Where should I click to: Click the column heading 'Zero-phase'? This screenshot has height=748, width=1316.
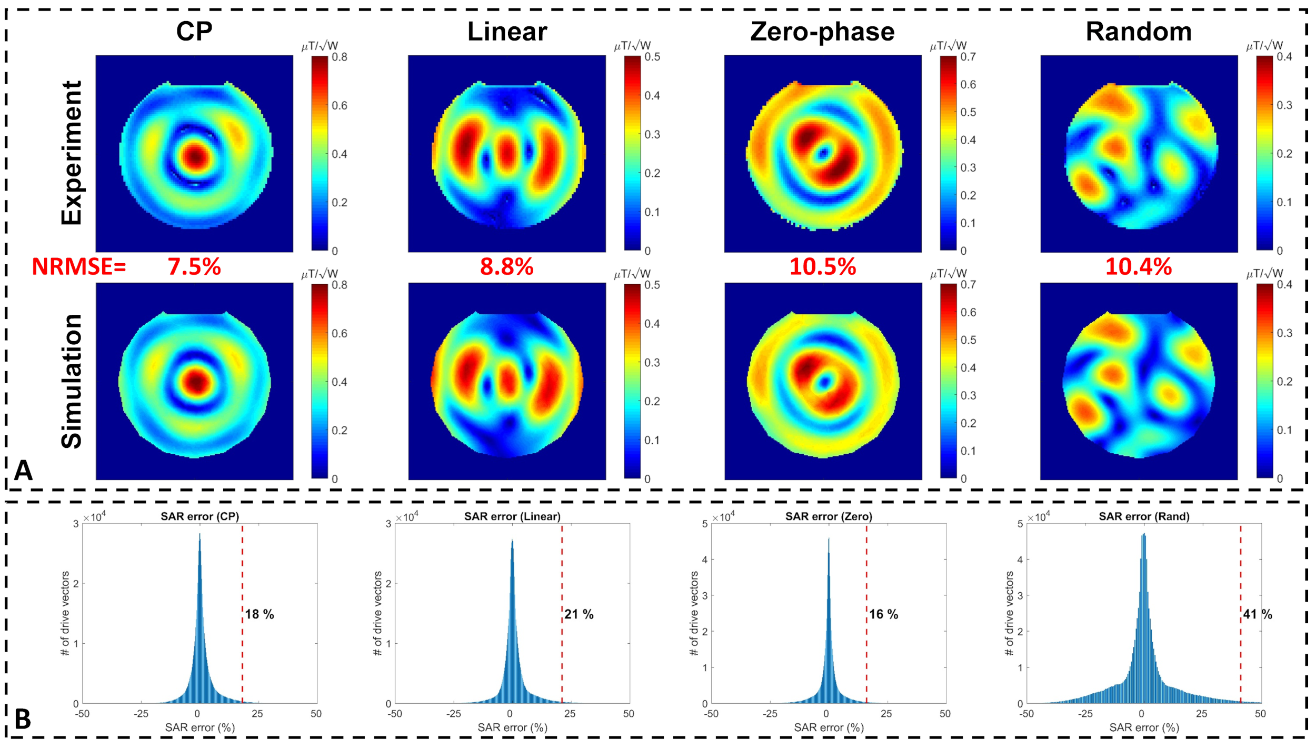click(822, 32)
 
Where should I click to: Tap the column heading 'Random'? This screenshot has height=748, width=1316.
click(1139, 32)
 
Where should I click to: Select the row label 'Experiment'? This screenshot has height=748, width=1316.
click(72, 153)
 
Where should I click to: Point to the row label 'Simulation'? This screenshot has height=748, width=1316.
click(72, 381)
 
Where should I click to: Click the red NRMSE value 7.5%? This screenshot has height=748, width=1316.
click(194, 267)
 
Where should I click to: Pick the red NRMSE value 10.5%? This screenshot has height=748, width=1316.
click(822, 267)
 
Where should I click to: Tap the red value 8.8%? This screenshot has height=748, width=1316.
click(506, 267)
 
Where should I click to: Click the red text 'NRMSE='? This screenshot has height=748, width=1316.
click(79, 267)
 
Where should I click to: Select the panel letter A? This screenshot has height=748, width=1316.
click(23, 470)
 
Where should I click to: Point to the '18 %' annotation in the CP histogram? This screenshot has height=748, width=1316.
click(260, 614)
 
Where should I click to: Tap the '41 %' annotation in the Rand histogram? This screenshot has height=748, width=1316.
click(1257, 614)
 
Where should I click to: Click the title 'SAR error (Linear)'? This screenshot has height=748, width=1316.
click(512, 516)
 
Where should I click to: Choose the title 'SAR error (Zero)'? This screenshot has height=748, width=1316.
click(829, 516)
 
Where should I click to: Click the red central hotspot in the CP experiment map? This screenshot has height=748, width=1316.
click(195, 156)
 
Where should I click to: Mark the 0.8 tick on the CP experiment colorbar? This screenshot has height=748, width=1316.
click(340, 57)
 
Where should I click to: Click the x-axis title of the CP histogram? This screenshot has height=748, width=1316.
click(200, 727)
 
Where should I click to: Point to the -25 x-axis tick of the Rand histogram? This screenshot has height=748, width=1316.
click(1085, 714)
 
